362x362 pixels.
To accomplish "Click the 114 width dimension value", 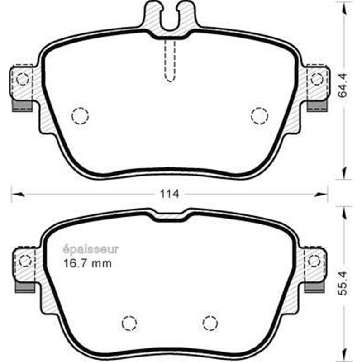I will [x=170, y=194].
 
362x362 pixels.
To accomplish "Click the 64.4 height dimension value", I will [x=343, y=88].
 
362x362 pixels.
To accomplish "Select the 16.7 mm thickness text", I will [x=86, y=263].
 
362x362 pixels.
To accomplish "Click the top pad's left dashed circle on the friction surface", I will [x=80, y=116].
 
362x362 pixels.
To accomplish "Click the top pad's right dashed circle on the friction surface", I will [x=259, y=115].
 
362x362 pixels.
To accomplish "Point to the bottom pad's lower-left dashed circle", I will [x=130, y=323].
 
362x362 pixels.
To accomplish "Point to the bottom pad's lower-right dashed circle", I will [x=210, y=323].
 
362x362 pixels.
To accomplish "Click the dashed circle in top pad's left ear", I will [x=23, y=80].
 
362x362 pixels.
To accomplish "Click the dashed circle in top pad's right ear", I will [x=317, y=79].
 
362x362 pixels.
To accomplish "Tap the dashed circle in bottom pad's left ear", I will [x=25, y=261].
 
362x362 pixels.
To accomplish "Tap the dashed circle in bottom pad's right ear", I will [x=314, y=261].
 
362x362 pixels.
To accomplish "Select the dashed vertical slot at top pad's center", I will [x=170, y=59].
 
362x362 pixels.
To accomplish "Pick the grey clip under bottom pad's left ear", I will [x=24, y=287].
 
